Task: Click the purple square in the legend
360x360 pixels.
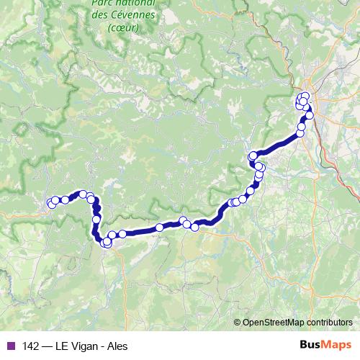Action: pos(10,345)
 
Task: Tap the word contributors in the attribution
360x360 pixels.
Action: pos(328,322)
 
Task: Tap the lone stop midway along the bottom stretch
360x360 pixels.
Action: pos(159,228)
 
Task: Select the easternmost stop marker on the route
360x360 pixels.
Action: pos(310,115)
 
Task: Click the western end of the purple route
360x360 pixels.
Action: pos(50,204)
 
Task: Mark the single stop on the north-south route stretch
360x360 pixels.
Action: pos(96,219)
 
